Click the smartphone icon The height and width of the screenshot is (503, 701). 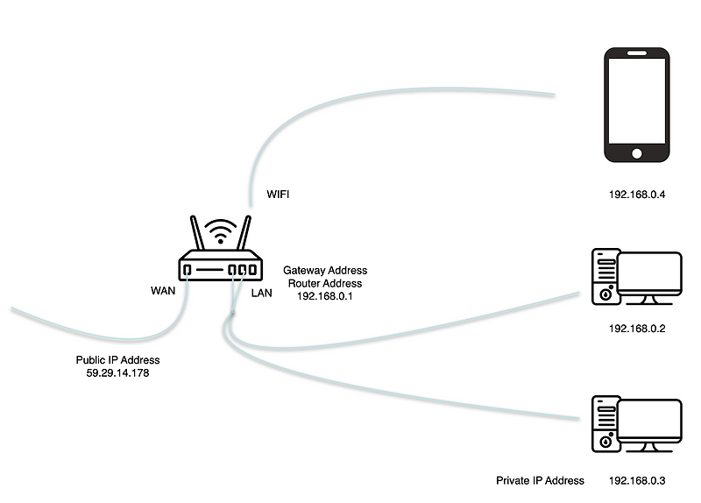point(637,105)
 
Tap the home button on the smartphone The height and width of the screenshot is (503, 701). point(637,153)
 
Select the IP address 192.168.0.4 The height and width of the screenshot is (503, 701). point(637,195)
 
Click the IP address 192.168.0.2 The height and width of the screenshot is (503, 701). point(637,329)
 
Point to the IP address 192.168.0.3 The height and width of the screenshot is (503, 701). point(637,481)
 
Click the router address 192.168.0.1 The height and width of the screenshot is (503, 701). point(325,296)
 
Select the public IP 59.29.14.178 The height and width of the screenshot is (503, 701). point(118,373)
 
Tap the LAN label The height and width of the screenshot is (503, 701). point(262,294)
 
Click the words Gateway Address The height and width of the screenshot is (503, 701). point(325,271)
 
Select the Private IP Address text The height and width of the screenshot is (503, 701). point(539,481)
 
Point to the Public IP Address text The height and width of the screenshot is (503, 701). point(118,360)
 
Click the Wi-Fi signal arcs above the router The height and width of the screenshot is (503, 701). point(221,233)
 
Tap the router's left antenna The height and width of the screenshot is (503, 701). point(196,236)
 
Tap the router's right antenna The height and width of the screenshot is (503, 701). point(245,236)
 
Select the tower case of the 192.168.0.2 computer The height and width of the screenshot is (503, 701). point(605,277)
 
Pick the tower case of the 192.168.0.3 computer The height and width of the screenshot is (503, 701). point(605,424)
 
